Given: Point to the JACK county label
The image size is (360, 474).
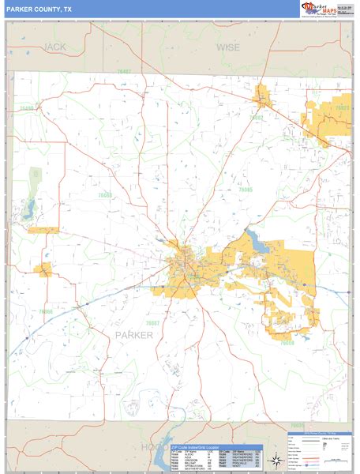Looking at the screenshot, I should point(55,47).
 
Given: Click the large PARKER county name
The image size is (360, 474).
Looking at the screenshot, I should point(134,335).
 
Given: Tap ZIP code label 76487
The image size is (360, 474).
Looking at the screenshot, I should point(124,72).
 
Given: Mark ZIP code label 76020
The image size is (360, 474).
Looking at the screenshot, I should point(341,107).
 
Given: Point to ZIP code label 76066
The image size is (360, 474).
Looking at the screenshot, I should point(46,311).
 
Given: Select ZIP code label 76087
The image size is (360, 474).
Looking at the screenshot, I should point(152,322).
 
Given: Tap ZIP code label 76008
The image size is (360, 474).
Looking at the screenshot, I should point(287,342).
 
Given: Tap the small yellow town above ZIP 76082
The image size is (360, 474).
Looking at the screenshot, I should point(262,99).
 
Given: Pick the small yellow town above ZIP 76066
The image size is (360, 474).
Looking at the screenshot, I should point(43,270).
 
